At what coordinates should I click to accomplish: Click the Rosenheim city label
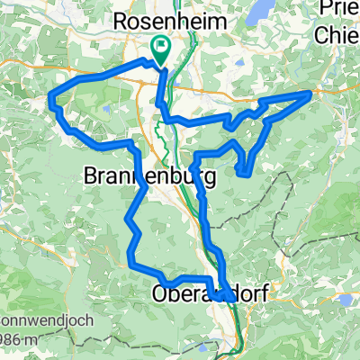tap(161, 19)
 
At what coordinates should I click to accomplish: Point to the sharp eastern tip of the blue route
tap(311, 92)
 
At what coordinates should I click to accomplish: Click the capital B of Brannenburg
tap(92, 175)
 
